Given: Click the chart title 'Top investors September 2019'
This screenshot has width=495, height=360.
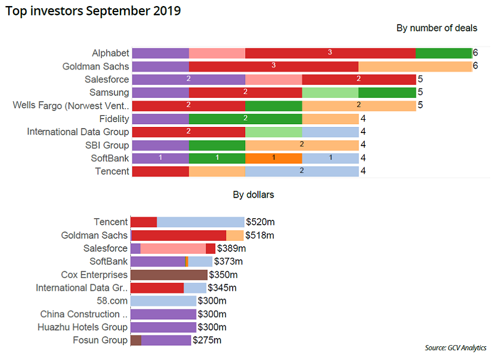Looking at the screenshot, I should tap(93, 10).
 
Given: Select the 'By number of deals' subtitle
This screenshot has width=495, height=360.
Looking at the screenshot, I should tap(437, 28).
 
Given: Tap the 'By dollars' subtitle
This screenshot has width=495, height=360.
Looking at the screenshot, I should tap(253, 195).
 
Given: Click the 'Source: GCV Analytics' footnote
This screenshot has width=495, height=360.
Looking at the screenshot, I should tap(455, 348).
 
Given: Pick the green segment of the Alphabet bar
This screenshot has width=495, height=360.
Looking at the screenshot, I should tap(443, 53).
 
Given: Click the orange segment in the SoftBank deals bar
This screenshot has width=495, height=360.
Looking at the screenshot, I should tap(273, 158).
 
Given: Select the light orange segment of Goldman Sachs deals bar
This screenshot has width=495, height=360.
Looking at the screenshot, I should tap(415, 67).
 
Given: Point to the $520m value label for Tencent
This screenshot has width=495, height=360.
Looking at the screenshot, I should tap(261, 222).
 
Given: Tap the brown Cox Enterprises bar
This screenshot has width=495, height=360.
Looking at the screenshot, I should tap(169, 275).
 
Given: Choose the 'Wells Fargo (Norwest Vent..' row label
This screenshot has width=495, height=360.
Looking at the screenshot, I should tap(71, 106).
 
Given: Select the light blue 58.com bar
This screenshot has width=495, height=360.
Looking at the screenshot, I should tap(163, 301).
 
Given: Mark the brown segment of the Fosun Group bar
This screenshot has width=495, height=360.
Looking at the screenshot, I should tap(136, 341).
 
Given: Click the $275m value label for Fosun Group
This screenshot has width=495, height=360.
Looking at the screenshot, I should tap(207, 341).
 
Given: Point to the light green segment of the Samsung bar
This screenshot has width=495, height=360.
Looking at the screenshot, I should tap(330, 92).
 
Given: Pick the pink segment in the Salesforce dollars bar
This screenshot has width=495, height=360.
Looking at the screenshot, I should tap(173, 248).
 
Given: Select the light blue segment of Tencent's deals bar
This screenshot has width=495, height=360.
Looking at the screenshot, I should tap(302, 171).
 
